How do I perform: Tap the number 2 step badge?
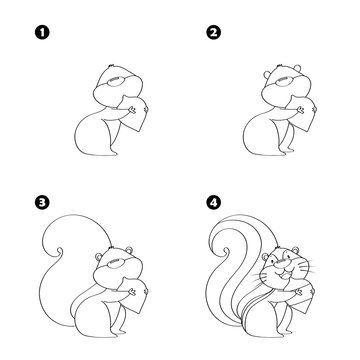212,33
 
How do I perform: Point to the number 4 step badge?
211,200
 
